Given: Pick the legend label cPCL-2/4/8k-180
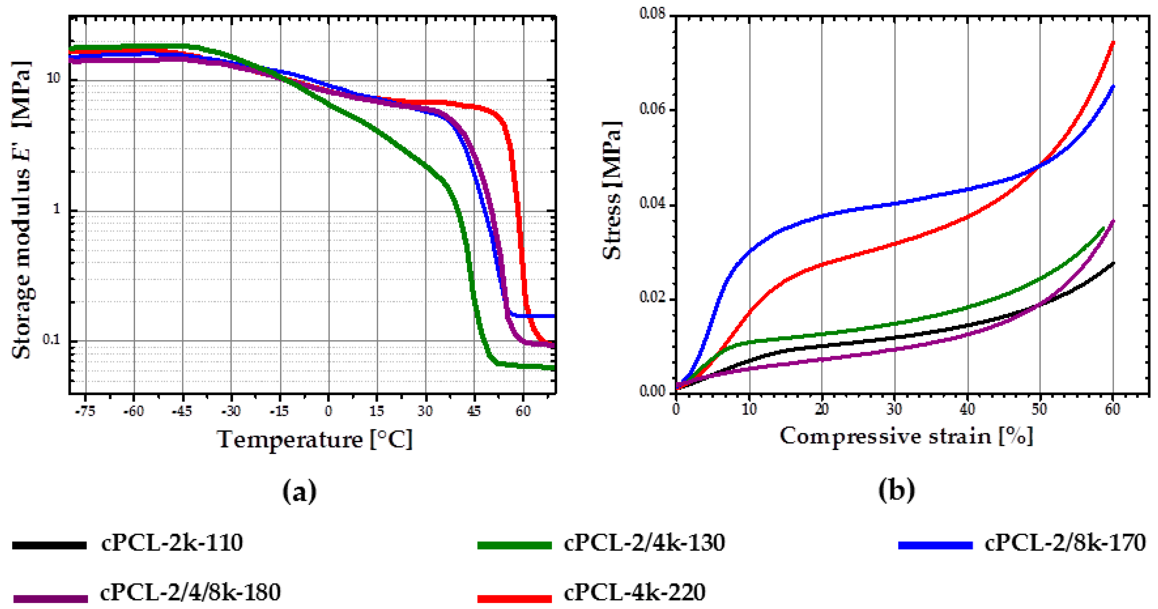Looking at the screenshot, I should [190, 592].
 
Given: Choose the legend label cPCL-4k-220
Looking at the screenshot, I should [634, 592].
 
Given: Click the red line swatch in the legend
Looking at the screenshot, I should [514, 598].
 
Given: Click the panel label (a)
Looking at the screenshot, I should [299, 491].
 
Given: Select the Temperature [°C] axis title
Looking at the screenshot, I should [315, 439].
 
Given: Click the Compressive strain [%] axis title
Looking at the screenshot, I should [906, 436].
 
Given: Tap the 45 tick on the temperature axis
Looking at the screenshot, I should [474, 411].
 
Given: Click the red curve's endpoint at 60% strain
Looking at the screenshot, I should [1113, 42].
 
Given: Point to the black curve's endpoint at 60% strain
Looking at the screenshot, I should [1113, 263].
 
